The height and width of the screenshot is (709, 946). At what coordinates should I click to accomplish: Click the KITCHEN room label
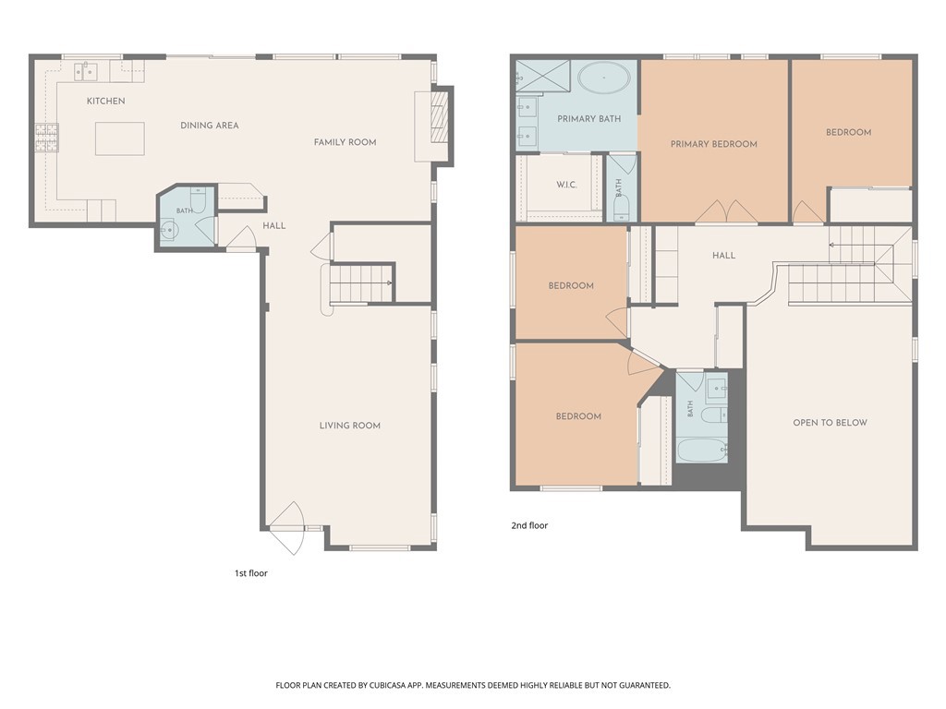105,101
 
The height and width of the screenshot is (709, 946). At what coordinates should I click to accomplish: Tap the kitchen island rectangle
119,138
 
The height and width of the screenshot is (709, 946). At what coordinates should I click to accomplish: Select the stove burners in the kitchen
46,138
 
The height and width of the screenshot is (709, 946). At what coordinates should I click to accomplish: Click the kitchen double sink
86,71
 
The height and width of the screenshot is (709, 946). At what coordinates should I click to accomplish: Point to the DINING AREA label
210,126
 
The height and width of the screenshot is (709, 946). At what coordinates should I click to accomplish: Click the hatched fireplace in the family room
439,116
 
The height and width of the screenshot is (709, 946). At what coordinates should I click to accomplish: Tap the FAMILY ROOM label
346,142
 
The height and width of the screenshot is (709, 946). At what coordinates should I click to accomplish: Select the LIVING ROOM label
350,426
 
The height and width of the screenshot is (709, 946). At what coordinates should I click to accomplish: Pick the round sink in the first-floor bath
168,230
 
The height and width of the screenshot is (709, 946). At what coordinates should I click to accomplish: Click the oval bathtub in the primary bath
604,78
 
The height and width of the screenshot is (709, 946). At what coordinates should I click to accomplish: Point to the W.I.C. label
566,185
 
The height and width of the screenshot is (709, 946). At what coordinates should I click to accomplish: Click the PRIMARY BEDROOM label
714,144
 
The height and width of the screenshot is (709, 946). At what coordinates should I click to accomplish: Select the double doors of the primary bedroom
726,211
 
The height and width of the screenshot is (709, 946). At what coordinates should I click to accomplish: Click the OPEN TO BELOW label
830,423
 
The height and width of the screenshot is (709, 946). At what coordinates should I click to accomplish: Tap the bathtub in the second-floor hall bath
702,450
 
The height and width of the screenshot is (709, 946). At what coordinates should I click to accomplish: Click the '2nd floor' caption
529,525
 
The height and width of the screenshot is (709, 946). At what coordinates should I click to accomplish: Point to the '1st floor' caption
251,573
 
